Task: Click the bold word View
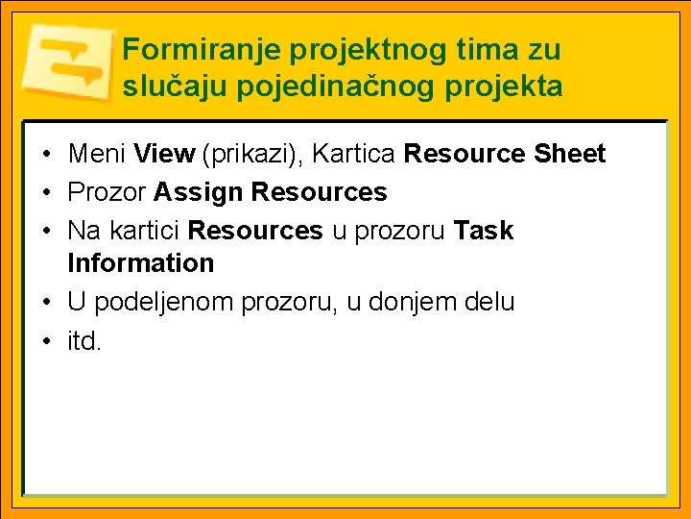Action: coord(165,154)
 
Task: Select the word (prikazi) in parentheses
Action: coord(248,154)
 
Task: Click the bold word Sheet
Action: coord(570,154)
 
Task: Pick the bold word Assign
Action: coord(198,193)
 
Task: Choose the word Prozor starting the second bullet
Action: coord(107,193)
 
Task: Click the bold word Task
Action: coord(484,232)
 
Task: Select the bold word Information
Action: coord(140,263)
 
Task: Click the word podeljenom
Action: coord(167,302)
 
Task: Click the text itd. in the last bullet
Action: coord(83,341)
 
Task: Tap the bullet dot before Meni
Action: coord(46,155)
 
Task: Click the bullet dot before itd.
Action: coord(46,342)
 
